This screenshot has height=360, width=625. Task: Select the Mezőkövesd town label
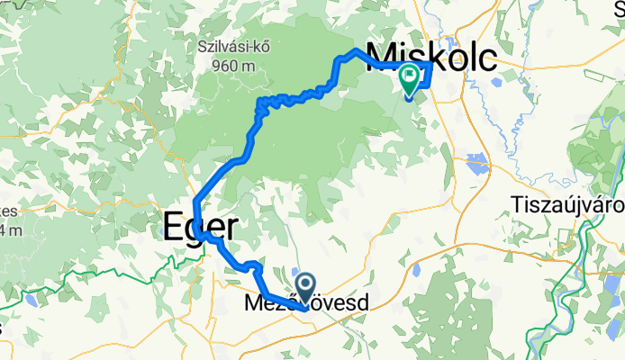pyautogui.click(x=306, y=305)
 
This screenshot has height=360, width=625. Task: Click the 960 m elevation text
pyautogui.click(x=235, y=65)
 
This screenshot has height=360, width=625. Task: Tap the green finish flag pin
pyautogui.click(x=409, y=80)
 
